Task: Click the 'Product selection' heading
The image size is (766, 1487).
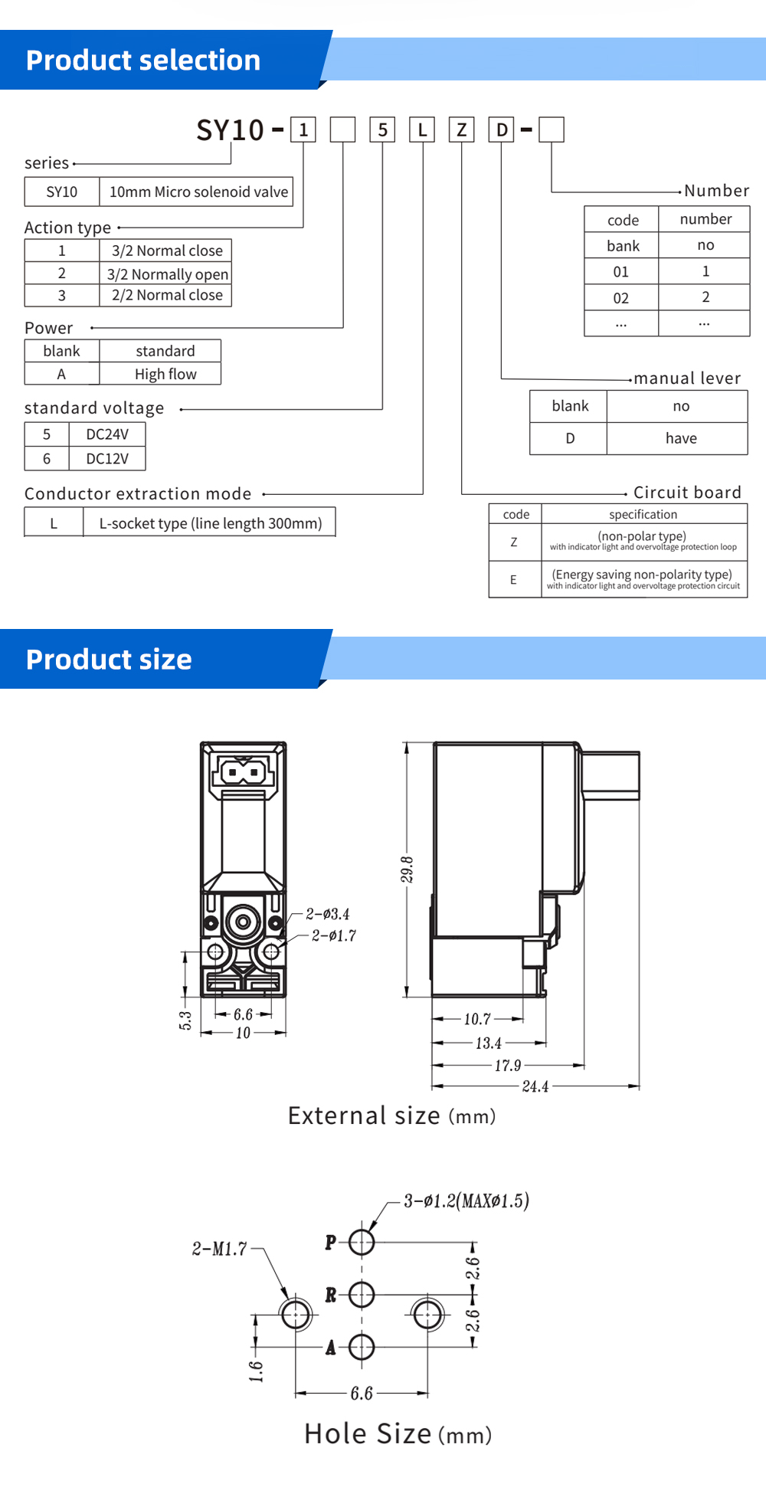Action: [143, 61]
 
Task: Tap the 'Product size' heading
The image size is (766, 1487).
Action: [109, 660]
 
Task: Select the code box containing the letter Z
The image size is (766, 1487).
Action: [461, 129]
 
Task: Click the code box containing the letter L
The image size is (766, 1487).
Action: [422, 129]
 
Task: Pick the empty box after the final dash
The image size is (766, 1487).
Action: [552, 129]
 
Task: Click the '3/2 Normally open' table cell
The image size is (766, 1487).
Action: [167, 273]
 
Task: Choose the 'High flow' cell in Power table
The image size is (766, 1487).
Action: [165, 374]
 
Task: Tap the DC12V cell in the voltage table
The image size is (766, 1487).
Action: [107, 459]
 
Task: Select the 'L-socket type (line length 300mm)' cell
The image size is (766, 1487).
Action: [210, 523]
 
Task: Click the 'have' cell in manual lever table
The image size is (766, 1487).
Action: [680, 438]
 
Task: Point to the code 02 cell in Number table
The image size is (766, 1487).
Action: [621, 298]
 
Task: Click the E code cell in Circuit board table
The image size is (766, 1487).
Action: [513, 580]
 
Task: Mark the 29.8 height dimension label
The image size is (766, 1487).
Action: [407, 870]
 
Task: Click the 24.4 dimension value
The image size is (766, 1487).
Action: [535, 1086]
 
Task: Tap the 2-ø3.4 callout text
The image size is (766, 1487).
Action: [328, 914]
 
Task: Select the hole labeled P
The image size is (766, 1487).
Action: [362, 1242]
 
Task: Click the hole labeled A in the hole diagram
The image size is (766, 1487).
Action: [362, 1347]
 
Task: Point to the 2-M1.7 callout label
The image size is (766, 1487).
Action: [219, 1249]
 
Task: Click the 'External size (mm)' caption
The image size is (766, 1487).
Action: [391, 1115]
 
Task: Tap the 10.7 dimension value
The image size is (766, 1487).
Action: [476, 1019]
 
